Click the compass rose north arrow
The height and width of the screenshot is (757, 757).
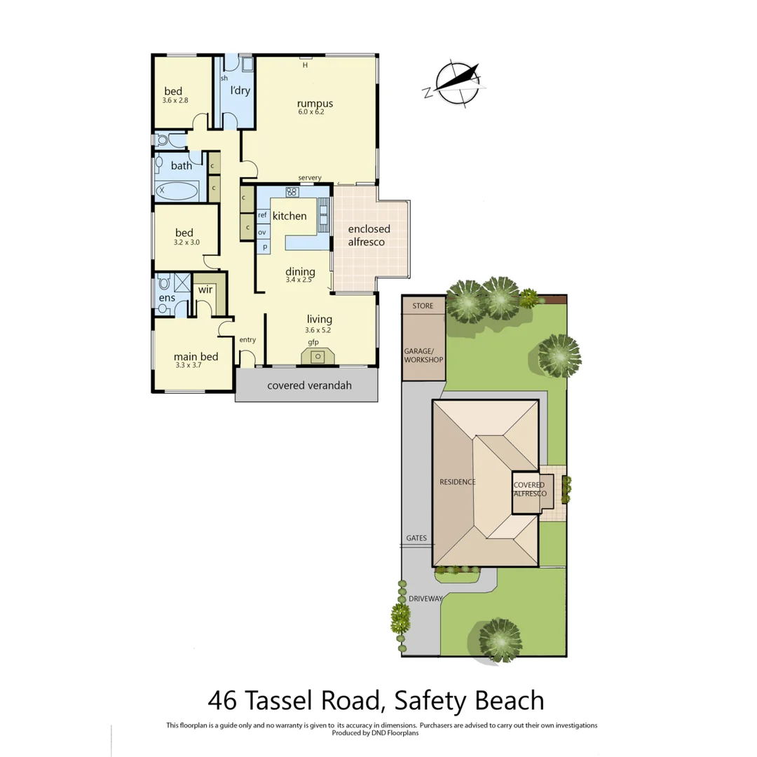(x=456, y=83)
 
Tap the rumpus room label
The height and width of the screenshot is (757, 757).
(x=313, y=104)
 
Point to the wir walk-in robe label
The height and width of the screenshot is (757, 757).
(x=205, y=289)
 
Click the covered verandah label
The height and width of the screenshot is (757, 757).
(x=309, y=386)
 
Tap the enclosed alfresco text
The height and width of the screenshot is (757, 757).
(x=369, y=236)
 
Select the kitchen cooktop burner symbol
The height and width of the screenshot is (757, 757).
(x=292, y=191)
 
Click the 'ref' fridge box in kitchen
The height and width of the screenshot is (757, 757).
(x=263, y=216)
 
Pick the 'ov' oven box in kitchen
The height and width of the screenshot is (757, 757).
(x=262, y=232)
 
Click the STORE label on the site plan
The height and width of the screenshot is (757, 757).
(x=423, y=306)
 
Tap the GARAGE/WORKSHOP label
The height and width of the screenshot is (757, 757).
(x=424, y=355)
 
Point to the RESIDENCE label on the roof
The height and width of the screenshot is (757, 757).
(x=458, y=482)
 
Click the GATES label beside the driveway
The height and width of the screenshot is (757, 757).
(x=416, y=538)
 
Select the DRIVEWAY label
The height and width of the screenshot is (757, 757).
(x=425, y=599)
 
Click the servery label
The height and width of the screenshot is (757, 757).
(x=309, y=178)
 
